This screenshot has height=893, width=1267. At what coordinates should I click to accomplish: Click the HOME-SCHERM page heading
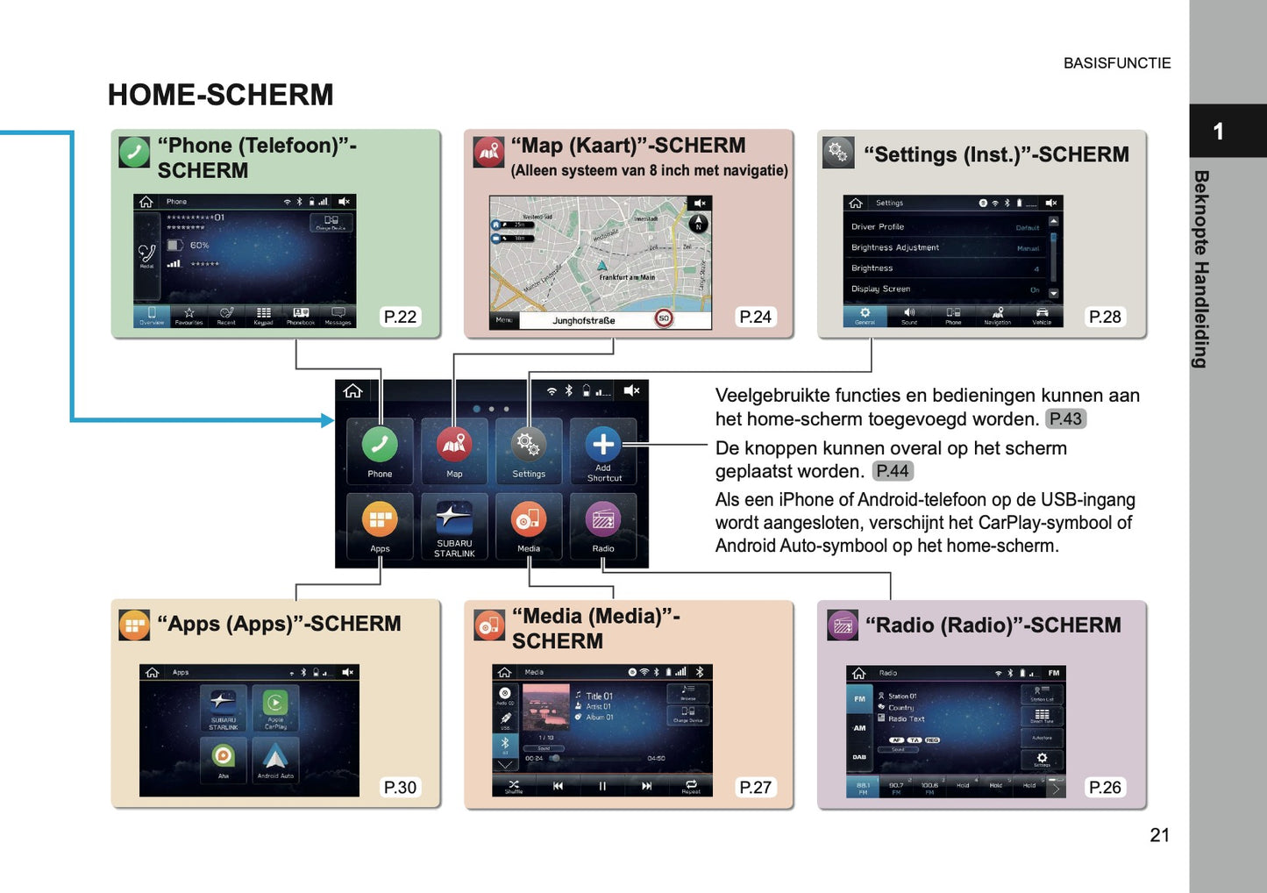[220, 95]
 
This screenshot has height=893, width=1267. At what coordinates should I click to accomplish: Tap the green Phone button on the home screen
[380, 446]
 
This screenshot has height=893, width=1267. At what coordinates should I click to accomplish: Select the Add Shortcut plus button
[603, 446]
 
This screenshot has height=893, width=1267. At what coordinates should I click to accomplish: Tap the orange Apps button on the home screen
[380, 520]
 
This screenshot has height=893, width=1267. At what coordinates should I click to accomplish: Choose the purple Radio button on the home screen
[603, 520]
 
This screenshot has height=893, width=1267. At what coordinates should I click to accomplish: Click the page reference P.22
[400, 317]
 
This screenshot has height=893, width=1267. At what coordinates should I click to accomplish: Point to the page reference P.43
[1065, 419]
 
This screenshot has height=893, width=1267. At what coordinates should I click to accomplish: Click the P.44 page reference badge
[893, 471]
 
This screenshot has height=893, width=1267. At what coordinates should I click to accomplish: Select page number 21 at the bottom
[1159, 835]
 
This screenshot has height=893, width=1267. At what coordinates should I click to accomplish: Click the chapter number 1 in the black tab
[1218, 132]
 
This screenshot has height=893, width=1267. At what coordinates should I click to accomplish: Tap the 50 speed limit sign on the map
[664, 318]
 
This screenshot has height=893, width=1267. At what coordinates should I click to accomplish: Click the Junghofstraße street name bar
[584, 321]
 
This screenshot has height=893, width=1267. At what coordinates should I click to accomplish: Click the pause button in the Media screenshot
[602, 786]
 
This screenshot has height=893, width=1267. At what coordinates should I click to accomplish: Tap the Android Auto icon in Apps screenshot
[275, 757]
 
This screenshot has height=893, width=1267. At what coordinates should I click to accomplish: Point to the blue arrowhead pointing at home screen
[328, 420]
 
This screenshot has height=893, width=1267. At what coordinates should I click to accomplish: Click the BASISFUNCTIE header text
[1116, 63]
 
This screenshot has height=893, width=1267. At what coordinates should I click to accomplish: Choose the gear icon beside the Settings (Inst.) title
[838, 153]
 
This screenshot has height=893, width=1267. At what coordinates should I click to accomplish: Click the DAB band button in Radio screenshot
[859, 757]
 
